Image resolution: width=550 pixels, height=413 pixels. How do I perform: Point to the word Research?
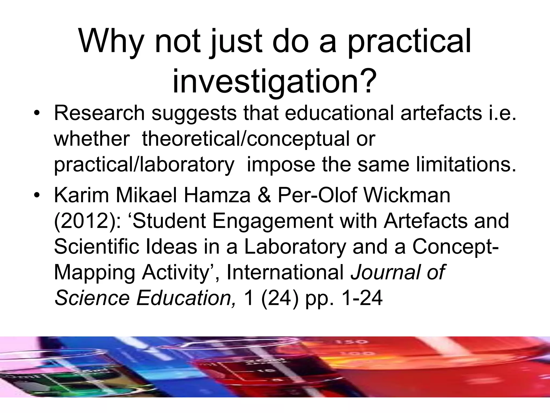click(99, 113)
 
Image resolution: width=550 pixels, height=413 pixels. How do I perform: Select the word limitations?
click(466, 165)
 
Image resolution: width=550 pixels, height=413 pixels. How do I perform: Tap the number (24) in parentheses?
click(279, 298)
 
